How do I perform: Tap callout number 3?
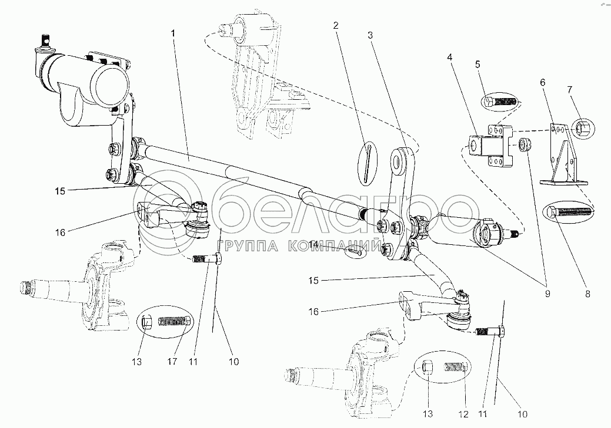[370, 35]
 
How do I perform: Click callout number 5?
[478, 65]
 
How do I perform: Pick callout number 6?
[543, 83]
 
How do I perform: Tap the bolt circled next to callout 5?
[500, 103]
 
